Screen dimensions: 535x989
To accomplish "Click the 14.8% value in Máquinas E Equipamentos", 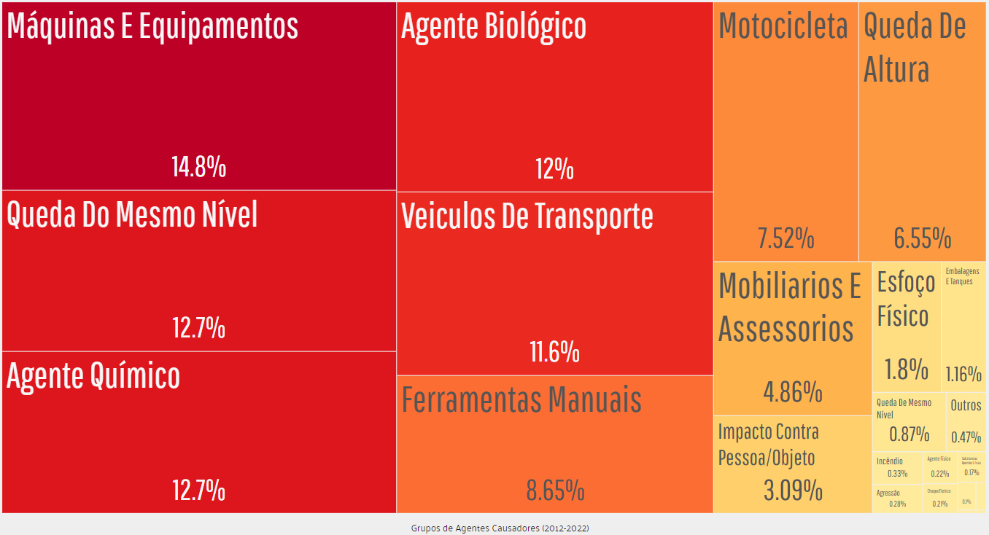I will click(x=198, y=168).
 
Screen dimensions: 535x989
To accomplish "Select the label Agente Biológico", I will click(x=494, y=27).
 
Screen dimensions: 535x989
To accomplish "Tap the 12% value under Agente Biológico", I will click(x=554, y=170).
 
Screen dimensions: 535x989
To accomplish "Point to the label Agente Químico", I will click(x=93, y=376).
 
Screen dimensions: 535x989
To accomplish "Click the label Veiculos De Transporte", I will click(x=527, y=216).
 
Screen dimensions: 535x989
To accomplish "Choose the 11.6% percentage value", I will click(x=554, y=353).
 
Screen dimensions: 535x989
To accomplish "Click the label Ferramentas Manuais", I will click(x=521, y=400).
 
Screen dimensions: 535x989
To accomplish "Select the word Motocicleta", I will click(x=783, y=26).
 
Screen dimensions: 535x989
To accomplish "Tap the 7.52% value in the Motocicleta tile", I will click(x=786, y=238).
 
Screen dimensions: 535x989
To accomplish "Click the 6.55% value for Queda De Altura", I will click(x=923, y=238).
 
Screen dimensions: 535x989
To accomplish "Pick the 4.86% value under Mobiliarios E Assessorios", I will click(x=793, y=392).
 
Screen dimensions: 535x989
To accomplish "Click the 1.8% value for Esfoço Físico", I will click(x=906, y=370).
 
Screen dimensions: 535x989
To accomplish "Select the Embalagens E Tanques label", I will click(x=962, y=276).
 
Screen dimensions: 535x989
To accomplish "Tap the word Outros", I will click(x=966, y=406).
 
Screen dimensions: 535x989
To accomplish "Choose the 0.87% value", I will click(x=909, y=435).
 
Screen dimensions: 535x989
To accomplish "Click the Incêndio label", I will click(x=889, y=461).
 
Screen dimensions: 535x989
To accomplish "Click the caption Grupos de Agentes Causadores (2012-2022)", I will click(x=500, y=528).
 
